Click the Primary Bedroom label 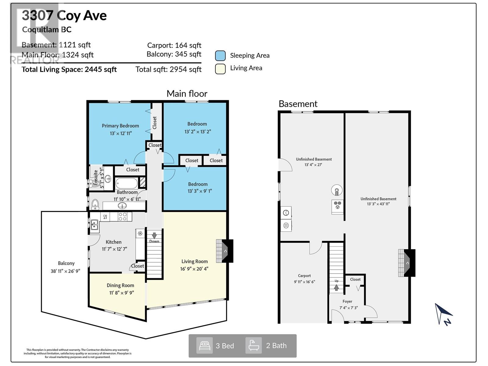coord(120,126)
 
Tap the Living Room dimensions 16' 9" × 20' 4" coord(194,269)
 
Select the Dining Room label coord(120,285)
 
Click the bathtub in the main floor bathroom coord(126,184)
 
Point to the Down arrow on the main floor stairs coord(154,235)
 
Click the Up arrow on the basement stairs coord(336,287)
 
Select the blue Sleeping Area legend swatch coord(220,56)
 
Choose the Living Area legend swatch coord(220,68)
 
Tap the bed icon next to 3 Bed coord(204,346)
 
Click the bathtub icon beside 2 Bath coord(254,346)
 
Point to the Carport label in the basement coord(304,275)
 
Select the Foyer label coord(347,301)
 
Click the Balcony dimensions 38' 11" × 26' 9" coord(65,271)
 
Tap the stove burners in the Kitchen coord(123,217)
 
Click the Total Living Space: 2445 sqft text coord(69,69)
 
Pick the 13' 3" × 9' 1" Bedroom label coord(198,184)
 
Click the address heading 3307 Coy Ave coord(64,15)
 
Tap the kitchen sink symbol coord(94,225)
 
